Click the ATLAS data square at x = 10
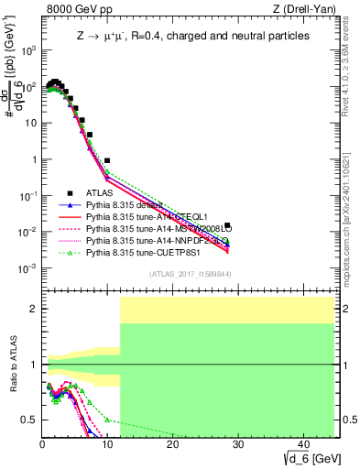pos(107,160)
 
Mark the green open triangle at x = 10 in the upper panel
pos(107,170)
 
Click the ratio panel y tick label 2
pos(33,309)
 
